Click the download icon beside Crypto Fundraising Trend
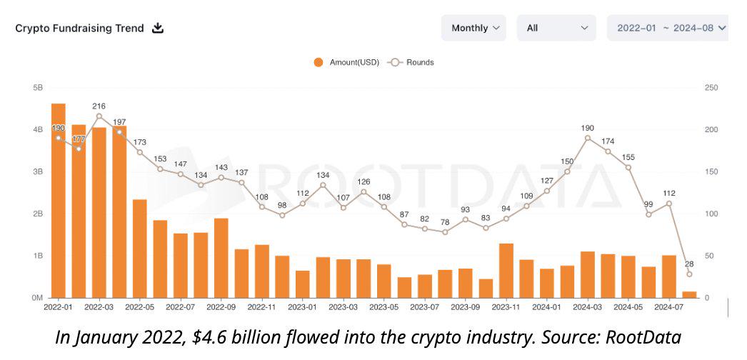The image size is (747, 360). click(x=159, y=29)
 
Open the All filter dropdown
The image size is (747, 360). click(x=556, y=29)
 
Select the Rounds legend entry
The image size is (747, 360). click(x=411, y=62)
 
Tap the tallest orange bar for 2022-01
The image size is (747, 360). click(x=59, y=200)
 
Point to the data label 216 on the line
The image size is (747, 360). click(x=99, y=106)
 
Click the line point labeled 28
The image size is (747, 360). click(x=689, y=274)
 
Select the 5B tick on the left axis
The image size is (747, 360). click(x=38, y=88)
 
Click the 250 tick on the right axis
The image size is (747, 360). click(x=711, y=88)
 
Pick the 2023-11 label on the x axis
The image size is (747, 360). click(x=506, y=306)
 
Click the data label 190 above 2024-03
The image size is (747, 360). click(x=588, y=128)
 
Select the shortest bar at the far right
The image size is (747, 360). click(x=689, y=294)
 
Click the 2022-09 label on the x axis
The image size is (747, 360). click(x=221, y=306)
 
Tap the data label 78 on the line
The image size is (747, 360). click(x=445, y=222)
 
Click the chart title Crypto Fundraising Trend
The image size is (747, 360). click(x=79, y=29)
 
